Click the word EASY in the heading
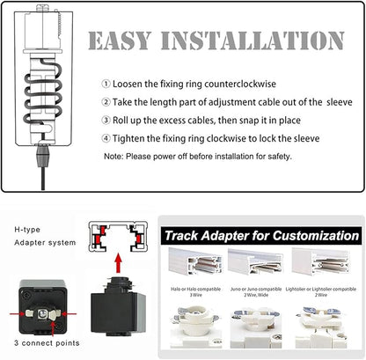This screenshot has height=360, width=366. (x=120, y=40)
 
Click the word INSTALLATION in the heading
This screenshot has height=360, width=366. (x=253, y=40)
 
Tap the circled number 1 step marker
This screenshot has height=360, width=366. (x=106, y=84)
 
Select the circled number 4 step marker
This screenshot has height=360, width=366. (x=106, y=138)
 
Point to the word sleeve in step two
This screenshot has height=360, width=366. (x=340, y=102)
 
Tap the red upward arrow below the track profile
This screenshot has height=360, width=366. (x=118, y=263)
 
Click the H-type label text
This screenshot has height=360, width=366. (x=27, y=230)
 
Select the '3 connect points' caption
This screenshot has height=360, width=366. (x=47, y=343)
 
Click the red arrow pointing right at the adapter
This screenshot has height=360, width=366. (x=18, y=313)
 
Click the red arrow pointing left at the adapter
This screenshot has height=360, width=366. (x=69, y=313)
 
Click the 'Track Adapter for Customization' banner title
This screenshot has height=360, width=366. (x=261, y=236)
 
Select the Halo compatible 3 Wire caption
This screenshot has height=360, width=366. (x=195, y=292)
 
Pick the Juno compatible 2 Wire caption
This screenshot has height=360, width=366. (x=256, y=292)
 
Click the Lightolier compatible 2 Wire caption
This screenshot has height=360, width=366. (x=321, y=292)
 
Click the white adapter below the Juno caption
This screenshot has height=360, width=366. (x=256, y=327)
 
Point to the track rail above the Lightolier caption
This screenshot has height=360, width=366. (x=321, y=261)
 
